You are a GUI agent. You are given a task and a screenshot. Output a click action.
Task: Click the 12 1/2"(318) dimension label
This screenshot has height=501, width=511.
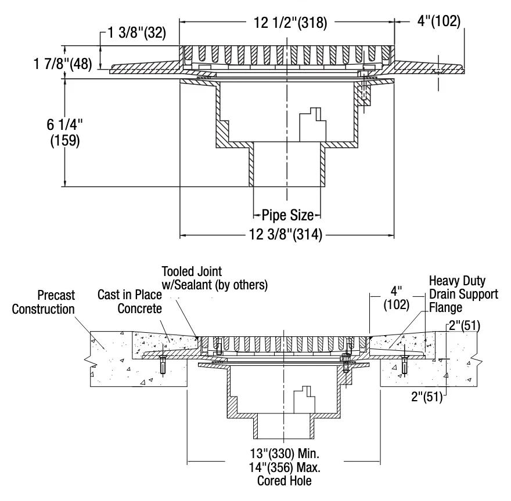[x=290, y=23]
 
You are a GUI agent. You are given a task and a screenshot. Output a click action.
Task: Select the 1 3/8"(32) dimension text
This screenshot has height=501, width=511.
[x=137, y=32]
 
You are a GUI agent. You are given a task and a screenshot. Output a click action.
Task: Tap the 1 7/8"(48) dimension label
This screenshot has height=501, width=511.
[x=63, y=63]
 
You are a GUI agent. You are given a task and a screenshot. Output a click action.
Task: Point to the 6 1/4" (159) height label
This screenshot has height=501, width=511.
[x=65, y=132]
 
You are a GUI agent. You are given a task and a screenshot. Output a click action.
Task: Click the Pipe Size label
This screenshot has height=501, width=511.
[x=288, y=215]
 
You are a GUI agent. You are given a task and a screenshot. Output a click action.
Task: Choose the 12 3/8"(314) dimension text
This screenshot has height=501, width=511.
[x=286, y=234]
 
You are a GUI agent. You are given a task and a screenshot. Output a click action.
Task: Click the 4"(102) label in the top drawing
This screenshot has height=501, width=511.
[x=439, y=21]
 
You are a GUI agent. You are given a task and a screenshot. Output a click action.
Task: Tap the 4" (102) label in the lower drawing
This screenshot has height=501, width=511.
[x=396, y=298]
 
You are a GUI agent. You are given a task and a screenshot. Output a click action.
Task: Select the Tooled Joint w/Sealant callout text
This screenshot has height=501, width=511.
[x=215, y=278]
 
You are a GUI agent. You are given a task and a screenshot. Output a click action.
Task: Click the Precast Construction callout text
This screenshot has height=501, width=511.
[x=44, y=302]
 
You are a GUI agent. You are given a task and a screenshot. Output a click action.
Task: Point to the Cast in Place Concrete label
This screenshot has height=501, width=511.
[x=129, y=302]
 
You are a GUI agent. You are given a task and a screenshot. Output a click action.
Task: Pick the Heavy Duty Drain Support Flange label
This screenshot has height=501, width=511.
[x=463, y=294]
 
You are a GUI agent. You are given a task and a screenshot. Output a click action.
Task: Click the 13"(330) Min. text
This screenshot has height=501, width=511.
[x=285, y=453]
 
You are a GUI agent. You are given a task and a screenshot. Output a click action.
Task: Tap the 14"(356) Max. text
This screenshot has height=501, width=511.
[x=285, y=467]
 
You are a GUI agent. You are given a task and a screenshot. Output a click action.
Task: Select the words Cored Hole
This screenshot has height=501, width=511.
[x=285, y=481]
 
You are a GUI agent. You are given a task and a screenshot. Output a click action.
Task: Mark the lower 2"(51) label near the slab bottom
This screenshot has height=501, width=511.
[x=427, y=397]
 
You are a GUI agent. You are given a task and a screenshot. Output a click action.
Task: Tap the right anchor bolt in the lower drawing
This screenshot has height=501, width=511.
[x=404, y=366]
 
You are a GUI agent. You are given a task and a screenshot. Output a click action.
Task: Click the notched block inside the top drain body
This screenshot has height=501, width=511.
[x=313, y=125]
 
